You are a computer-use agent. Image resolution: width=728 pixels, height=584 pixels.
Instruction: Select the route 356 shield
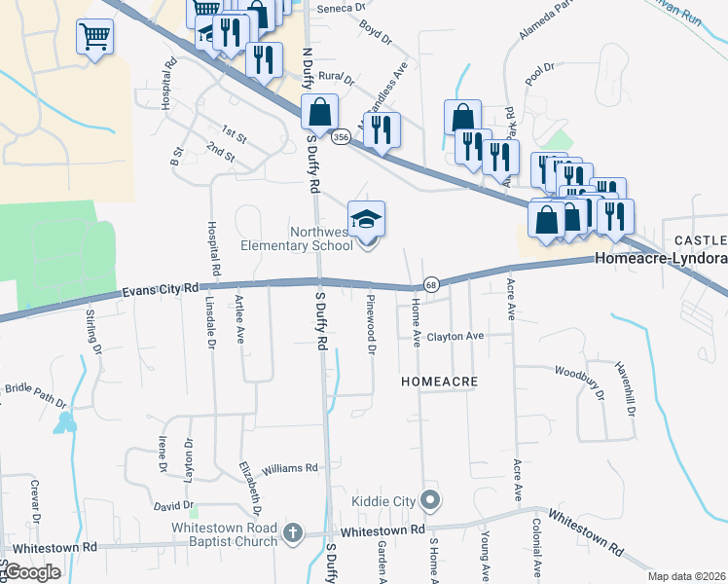pyautogui.click(x=341, y=138)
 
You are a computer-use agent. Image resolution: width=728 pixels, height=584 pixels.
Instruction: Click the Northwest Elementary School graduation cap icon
pyautogui.click(x=367, y=219)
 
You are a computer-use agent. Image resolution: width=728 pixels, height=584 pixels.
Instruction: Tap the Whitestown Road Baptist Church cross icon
pyautogui.click(x=292, y=532)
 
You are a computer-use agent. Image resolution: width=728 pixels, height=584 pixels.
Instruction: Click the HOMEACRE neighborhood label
pyautogui.click(x=440, y=383)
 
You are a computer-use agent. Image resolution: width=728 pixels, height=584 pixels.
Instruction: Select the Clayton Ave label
pyautogui.click(x=455, y=337)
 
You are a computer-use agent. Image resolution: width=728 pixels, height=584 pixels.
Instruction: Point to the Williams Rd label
pyautogui.click(x=290, y=468)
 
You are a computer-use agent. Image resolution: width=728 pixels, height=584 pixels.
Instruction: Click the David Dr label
pyautogui.click(x=173, y=507)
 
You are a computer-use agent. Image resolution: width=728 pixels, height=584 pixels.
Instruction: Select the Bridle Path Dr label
pyautogui.click(x=36, y=395)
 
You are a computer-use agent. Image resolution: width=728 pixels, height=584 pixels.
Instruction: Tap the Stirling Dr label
pyautogui.click(x=93, y=329)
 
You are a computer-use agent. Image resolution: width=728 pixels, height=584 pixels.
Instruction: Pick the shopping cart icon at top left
pyautogui.click(x=94, y=38)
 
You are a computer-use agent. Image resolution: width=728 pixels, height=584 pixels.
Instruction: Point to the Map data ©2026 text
pyautogui.click(x=686, y=576)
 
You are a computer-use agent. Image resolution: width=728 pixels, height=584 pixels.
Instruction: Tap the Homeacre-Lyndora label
pyautogui.click(x=660, y=260)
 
